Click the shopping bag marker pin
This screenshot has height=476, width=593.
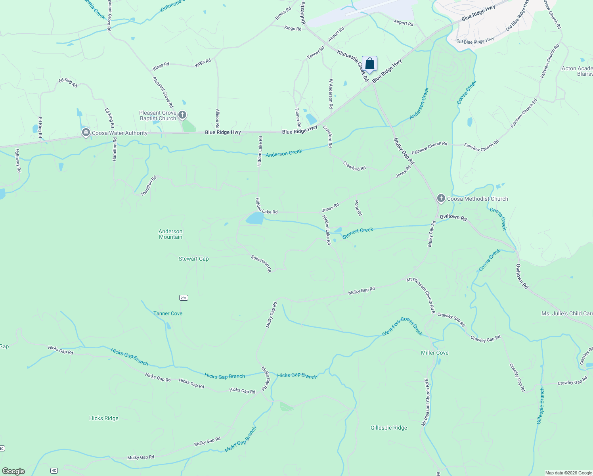tap(369, 64)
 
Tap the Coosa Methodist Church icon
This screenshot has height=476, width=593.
tap(441, 198)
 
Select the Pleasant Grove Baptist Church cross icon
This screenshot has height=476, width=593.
tap(182, 115)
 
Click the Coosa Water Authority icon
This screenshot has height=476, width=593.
tap(86, 133)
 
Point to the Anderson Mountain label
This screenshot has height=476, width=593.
tap(170, 234)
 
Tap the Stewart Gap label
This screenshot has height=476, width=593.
tap(193, 259)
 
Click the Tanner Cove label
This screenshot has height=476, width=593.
tap(168, 313)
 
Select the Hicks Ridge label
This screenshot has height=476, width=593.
tap(103, 418)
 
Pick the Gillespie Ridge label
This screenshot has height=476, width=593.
tap(388, 428)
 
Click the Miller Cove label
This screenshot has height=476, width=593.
tap(434, 353)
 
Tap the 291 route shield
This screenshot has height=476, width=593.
tap(183, 297)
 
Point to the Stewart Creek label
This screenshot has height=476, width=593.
tap(358, 233)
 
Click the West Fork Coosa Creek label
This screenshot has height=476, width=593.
tap(402, 326)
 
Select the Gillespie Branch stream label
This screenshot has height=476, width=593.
tap(540, 406)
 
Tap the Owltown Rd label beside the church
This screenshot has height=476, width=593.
tap(453, 217)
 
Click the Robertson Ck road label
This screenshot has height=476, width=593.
tap(261, 263)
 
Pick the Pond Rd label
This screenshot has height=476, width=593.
tap(358, 208)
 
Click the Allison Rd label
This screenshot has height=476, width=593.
tap(217, 118)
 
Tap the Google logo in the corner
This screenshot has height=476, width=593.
tap(13, 471)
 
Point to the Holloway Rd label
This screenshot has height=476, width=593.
tap(17, 160)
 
